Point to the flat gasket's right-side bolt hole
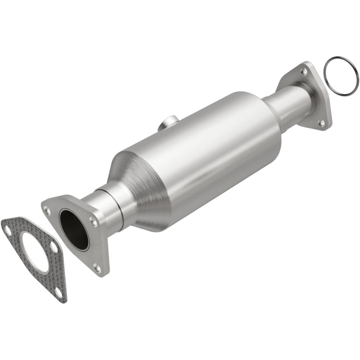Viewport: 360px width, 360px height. [x=54, y=247]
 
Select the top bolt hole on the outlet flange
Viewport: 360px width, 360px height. [x=306, y=71]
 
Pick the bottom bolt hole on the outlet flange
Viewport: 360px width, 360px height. [x=321, y=122]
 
